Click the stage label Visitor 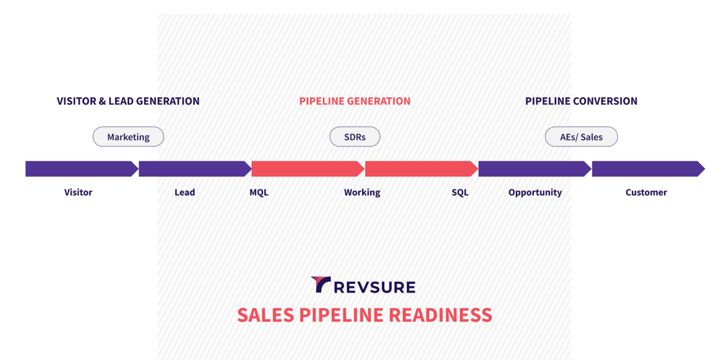coord(78,192)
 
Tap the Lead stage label coord(184,192)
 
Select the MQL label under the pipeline coord(259,192)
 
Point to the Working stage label coord(362,192)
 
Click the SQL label coord(460,192)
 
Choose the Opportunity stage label coord(535,192)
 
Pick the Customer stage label coord(646,192)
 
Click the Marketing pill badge coord(128,137)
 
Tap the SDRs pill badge coord(355,137)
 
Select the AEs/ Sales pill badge coord(581,137)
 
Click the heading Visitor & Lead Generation coord(128,101)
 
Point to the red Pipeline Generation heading coord(355,101)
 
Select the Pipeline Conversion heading coord(581,101)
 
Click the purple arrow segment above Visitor coord(82,169)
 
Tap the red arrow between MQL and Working coord(308,169)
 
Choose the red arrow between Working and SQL coord(421,169)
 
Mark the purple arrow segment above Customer coord(648,169)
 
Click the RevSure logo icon coord(321,285)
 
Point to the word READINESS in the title coord(440,315)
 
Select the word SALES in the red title coord(265,315)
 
